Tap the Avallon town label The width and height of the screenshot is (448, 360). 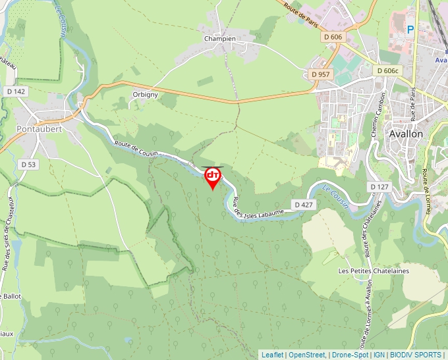click(406, 133)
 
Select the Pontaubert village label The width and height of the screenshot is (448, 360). click(39, 130)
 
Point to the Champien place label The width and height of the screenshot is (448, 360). click(220, 39)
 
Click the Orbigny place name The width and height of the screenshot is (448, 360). click(146, 94)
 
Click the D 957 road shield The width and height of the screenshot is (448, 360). click(320, 74)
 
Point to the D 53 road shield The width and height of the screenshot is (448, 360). click(28, 165)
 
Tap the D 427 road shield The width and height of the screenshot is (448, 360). click(304, 205)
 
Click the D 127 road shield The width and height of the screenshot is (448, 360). click(378, 187)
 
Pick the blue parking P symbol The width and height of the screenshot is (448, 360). click(410, 29)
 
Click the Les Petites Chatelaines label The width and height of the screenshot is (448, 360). click(374, 271)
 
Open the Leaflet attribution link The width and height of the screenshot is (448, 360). click(272, 355)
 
